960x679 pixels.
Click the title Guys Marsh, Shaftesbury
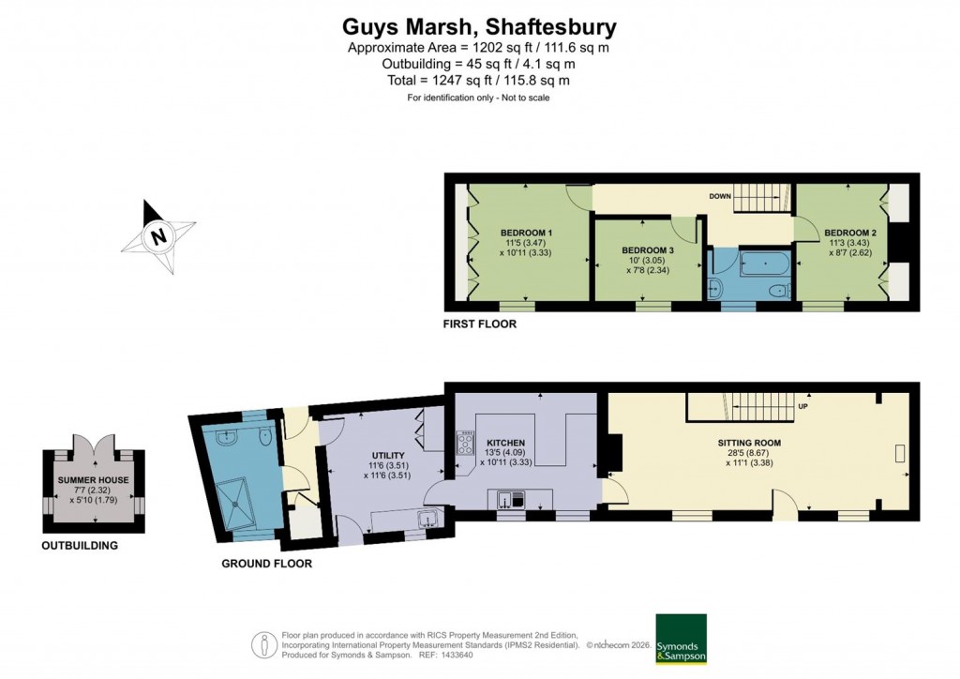[x=479, y=26]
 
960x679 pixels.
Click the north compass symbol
[x=158, y=236]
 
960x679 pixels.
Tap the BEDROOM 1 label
[x=525, y=233]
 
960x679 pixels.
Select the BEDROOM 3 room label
[x=648, y=250]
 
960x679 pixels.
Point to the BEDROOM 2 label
[x=849, y=233]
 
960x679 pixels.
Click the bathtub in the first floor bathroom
[x=763, y=263]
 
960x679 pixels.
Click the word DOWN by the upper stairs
[x=720, y=197]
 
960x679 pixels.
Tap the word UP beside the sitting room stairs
[x=802, y=407]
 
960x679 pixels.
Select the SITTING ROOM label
[x=749, y=443]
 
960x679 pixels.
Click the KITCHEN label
[x=505, y=443]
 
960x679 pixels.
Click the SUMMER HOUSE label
[x=93, y=480]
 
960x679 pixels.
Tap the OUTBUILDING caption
[x=80, y=546]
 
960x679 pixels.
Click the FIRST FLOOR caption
[x=480, y=324]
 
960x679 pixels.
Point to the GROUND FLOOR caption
[x=266, y=564]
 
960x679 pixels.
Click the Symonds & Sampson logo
[x=681, y=640]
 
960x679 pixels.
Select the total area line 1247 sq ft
[x=479, y=81]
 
